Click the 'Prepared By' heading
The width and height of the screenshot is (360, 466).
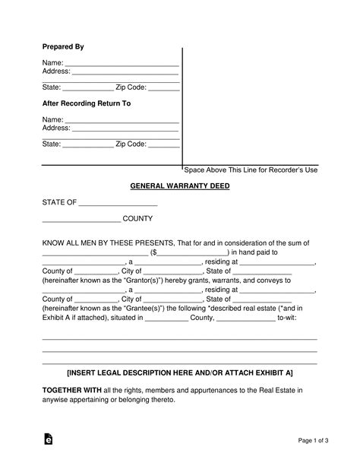click(x=62, y=47)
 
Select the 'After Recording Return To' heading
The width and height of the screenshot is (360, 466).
click(x=86, y=103)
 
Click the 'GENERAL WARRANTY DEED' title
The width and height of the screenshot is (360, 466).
click(x=179, y=186)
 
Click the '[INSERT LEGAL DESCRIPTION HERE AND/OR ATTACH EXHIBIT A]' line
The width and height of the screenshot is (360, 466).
click(x=179, y=373)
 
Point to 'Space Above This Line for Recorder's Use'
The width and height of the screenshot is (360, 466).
click(x=251, y=170)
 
